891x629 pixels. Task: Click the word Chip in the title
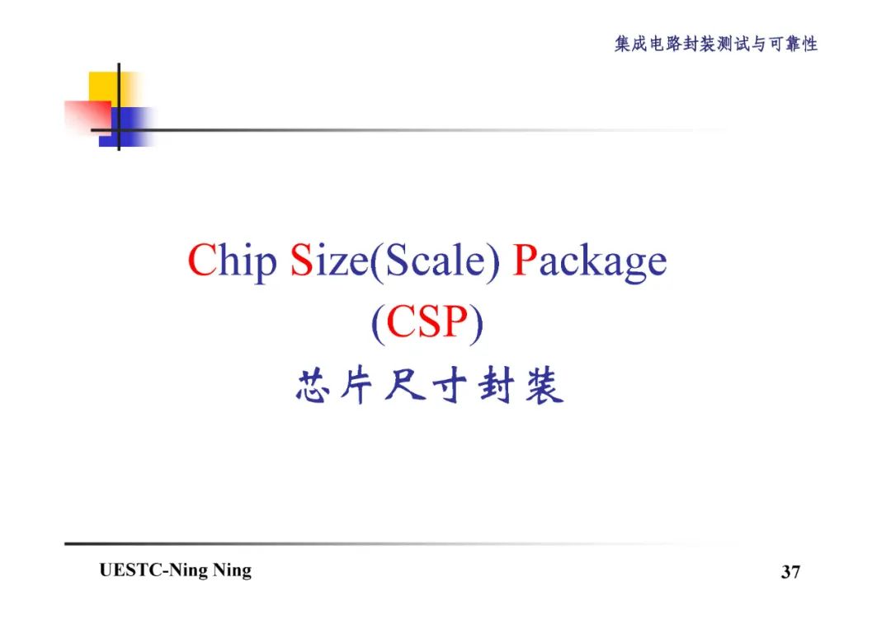tap(232, 261)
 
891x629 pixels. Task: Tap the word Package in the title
tap(589, 262)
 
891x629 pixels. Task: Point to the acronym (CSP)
tap(427, 323)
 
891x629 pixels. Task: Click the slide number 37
tap(790, 571)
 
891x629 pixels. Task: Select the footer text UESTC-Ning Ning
tap(175, 570)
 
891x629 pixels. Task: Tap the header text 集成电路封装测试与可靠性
tap(716, 45)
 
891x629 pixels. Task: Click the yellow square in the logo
tap(103, 86)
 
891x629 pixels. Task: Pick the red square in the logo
tap(86, 116)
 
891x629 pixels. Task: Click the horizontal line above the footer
tap(371, 543)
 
